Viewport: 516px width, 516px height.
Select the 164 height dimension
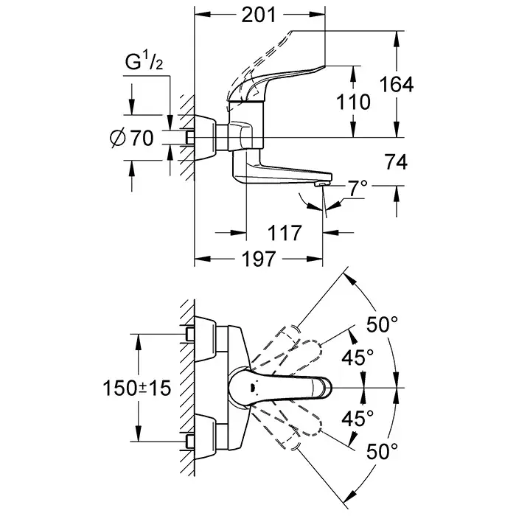point(397,85)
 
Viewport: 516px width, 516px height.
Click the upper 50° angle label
point(383,324)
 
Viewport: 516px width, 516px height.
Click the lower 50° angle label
point(383,449)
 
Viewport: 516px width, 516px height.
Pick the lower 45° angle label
point(358,419)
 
